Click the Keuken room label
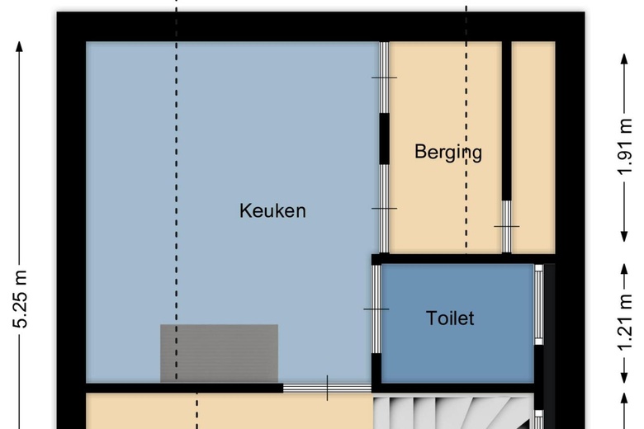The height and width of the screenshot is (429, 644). (x=272, y=210)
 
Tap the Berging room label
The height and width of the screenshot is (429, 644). (x=447, y=152)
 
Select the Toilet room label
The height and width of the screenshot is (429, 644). (x=450, y=318)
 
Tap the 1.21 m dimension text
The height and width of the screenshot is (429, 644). (x=625, y=322)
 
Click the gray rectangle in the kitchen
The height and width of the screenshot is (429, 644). (x=219, y=353)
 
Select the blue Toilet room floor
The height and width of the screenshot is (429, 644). (x=454, y=346)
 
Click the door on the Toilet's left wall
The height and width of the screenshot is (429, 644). (x=376, y=309)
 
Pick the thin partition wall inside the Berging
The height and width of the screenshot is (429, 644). (x=507, y=124)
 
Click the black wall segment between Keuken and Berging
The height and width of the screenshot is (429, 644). (x=384, y=138)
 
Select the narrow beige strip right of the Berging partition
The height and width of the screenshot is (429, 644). (x=532, y=148)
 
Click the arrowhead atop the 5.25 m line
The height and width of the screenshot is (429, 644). (x=21, y=43)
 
